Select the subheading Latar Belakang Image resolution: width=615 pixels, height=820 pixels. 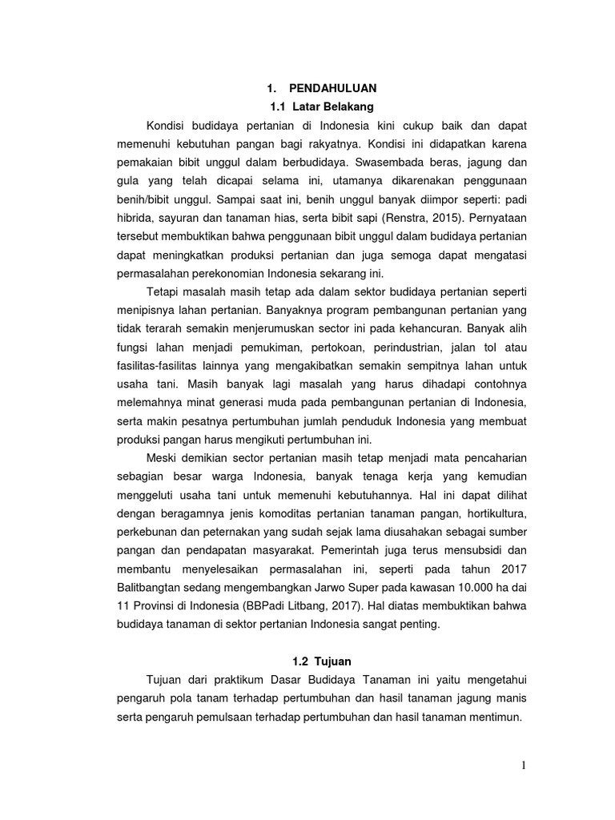pyautogui.click(x=334, y=106)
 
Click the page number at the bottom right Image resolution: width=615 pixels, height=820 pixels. pyautogui.click(x=524, y=766)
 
